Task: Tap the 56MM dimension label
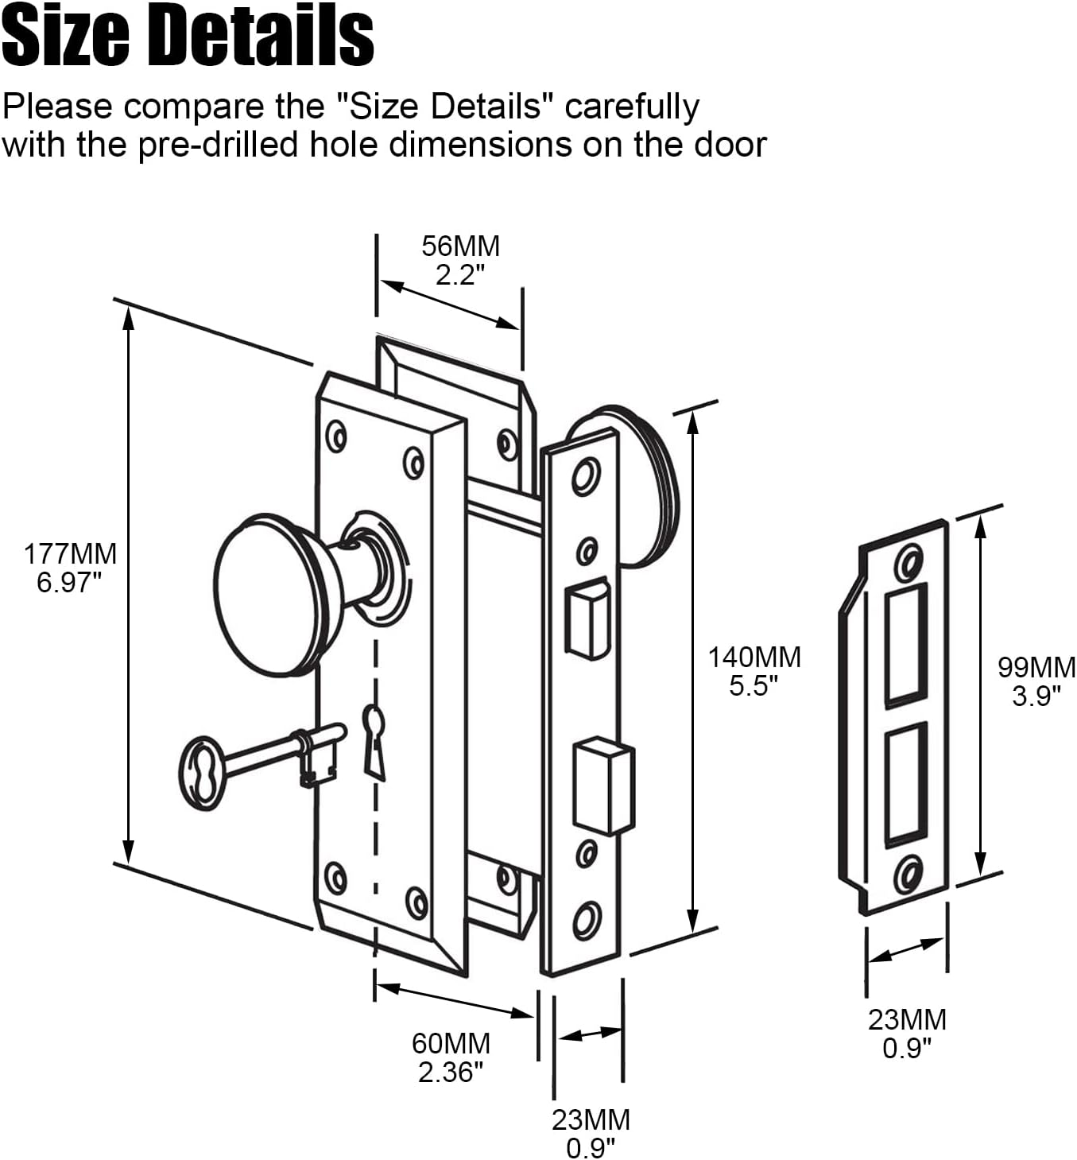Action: [461, 246]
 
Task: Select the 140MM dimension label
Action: [754, 657]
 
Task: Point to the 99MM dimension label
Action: [1036, 667]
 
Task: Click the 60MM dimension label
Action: [451, 1043]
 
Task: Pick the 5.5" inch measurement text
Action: [754, 685]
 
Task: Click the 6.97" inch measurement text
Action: [70, 582]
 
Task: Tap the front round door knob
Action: [270, 594]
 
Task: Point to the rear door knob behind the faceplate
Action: [636, 485]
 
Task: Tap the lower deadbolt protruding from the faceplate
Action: [605, 783]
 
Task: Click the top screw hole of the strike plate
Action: [908, 564]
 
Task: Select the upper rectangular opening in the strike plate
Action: [906, 644]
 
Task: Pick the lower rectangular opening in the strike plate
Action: [906, 784]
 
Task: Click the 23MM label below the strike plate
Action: [907, 1019]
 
